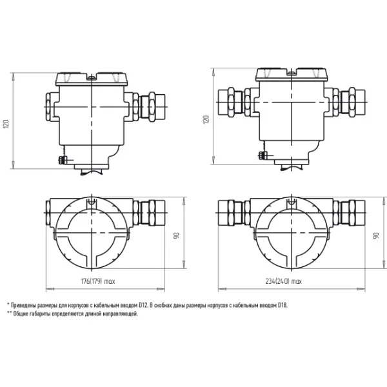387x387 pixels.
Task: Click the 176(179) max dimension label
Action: (x=98, y=281)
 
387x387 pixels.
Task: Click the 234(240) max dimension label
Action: (x=284, y=281)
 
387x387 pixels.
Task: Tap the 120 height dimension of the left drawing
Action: (x=6, y=124)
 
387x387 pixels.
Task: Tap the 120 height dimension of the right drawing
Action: (x=206, y=119)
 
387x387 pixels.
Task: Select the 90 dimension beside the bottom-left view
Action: (x=176, y=235)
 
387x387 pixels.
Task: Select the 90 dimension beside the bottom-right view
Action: (x=376, y=235)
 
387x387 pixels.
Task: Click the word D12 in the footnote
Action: (x=143, y=305)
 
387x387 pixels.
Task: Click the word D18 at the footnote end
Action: (x=283, y=305)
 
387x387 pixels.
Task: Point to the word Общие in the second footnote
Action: (x=21, y=314)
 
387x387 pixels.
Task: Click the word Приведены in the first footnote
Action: (x=24, y=305)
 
